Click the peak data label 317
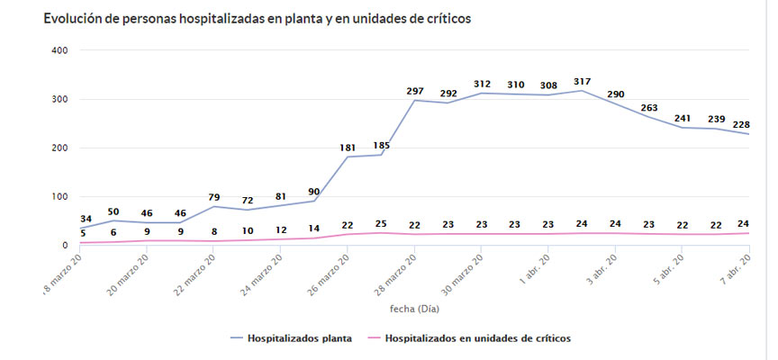click(x=581, y=82)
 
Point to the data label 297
click(x=415, y=91)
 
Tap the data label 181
click(x=348, y=148)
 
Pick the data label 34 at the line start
click(x=86, y=219)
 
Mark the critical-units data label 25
click(x=381, y=222)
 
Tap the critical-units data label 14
click(x=313, y=229)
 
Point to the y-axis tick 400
click(x=59, y=50)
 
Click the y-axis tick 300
click(x=59, y=99)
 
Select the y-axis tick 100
click(x=59, y=196)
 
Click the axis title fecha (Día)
click(x=415, y=308)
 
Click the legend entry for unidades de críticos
click(x=477, y=338)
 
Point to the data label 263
click(x=649, y=108)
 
